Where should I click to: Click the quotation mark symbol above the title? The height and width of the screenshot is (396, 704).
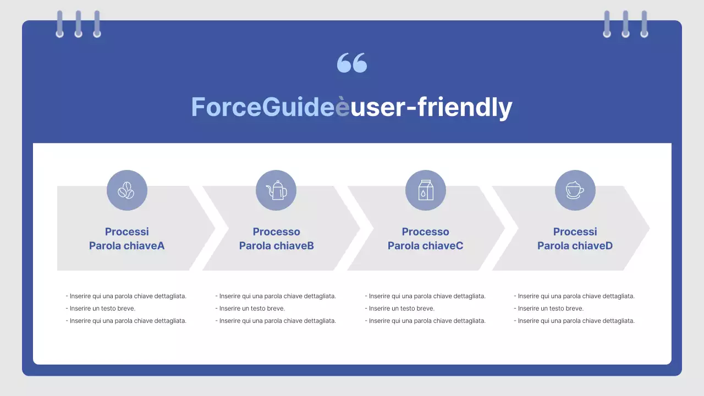pos(352,63)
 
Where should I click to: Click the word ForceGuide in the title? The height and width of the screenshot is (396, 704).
pos(263,107)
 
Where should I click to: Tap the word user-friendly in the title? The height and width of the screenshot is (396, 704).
pos(431,107)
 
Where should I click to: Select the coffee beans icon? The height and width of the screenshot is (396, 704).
pos(127,190)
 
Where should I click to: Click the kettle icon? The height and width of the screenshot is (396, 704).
pos(276,190)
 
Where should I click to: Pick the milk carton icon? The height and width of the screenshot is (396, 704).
pos(426,190)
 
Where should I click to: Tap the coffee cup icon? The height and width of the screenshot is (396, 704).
pos(575,190)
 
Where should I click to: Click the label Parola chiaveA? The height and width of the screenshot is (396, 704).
pos(127,246)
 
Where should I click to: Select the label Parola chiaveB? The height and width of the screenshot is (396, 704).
pos(276,246)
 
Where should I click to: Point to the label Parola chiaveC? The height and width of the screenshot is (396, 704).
pos(425,246)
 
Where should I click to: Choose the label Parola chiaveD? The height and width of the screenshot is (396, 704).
pos(575,246)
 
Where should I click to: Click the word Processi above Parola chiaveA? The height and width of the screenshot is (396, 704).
pos(127,232)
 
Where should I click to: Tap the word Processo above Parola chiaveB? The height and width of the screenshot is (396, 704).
pos(276,232)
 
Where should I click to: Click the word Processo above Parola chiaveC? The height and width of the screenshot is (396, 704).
pos(425,232)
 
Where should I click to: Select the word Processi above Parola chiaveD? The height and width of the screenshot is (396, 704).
pos(575,232)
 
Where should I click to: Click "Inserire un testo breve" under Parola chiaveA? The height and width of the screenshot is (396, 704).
pos(102,309)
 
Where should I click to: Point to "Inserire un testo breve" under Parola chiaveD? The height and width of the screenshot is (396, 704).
pos(551,309)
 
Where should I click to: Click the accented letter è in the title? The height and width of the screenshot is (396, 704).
pos(343,107)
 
